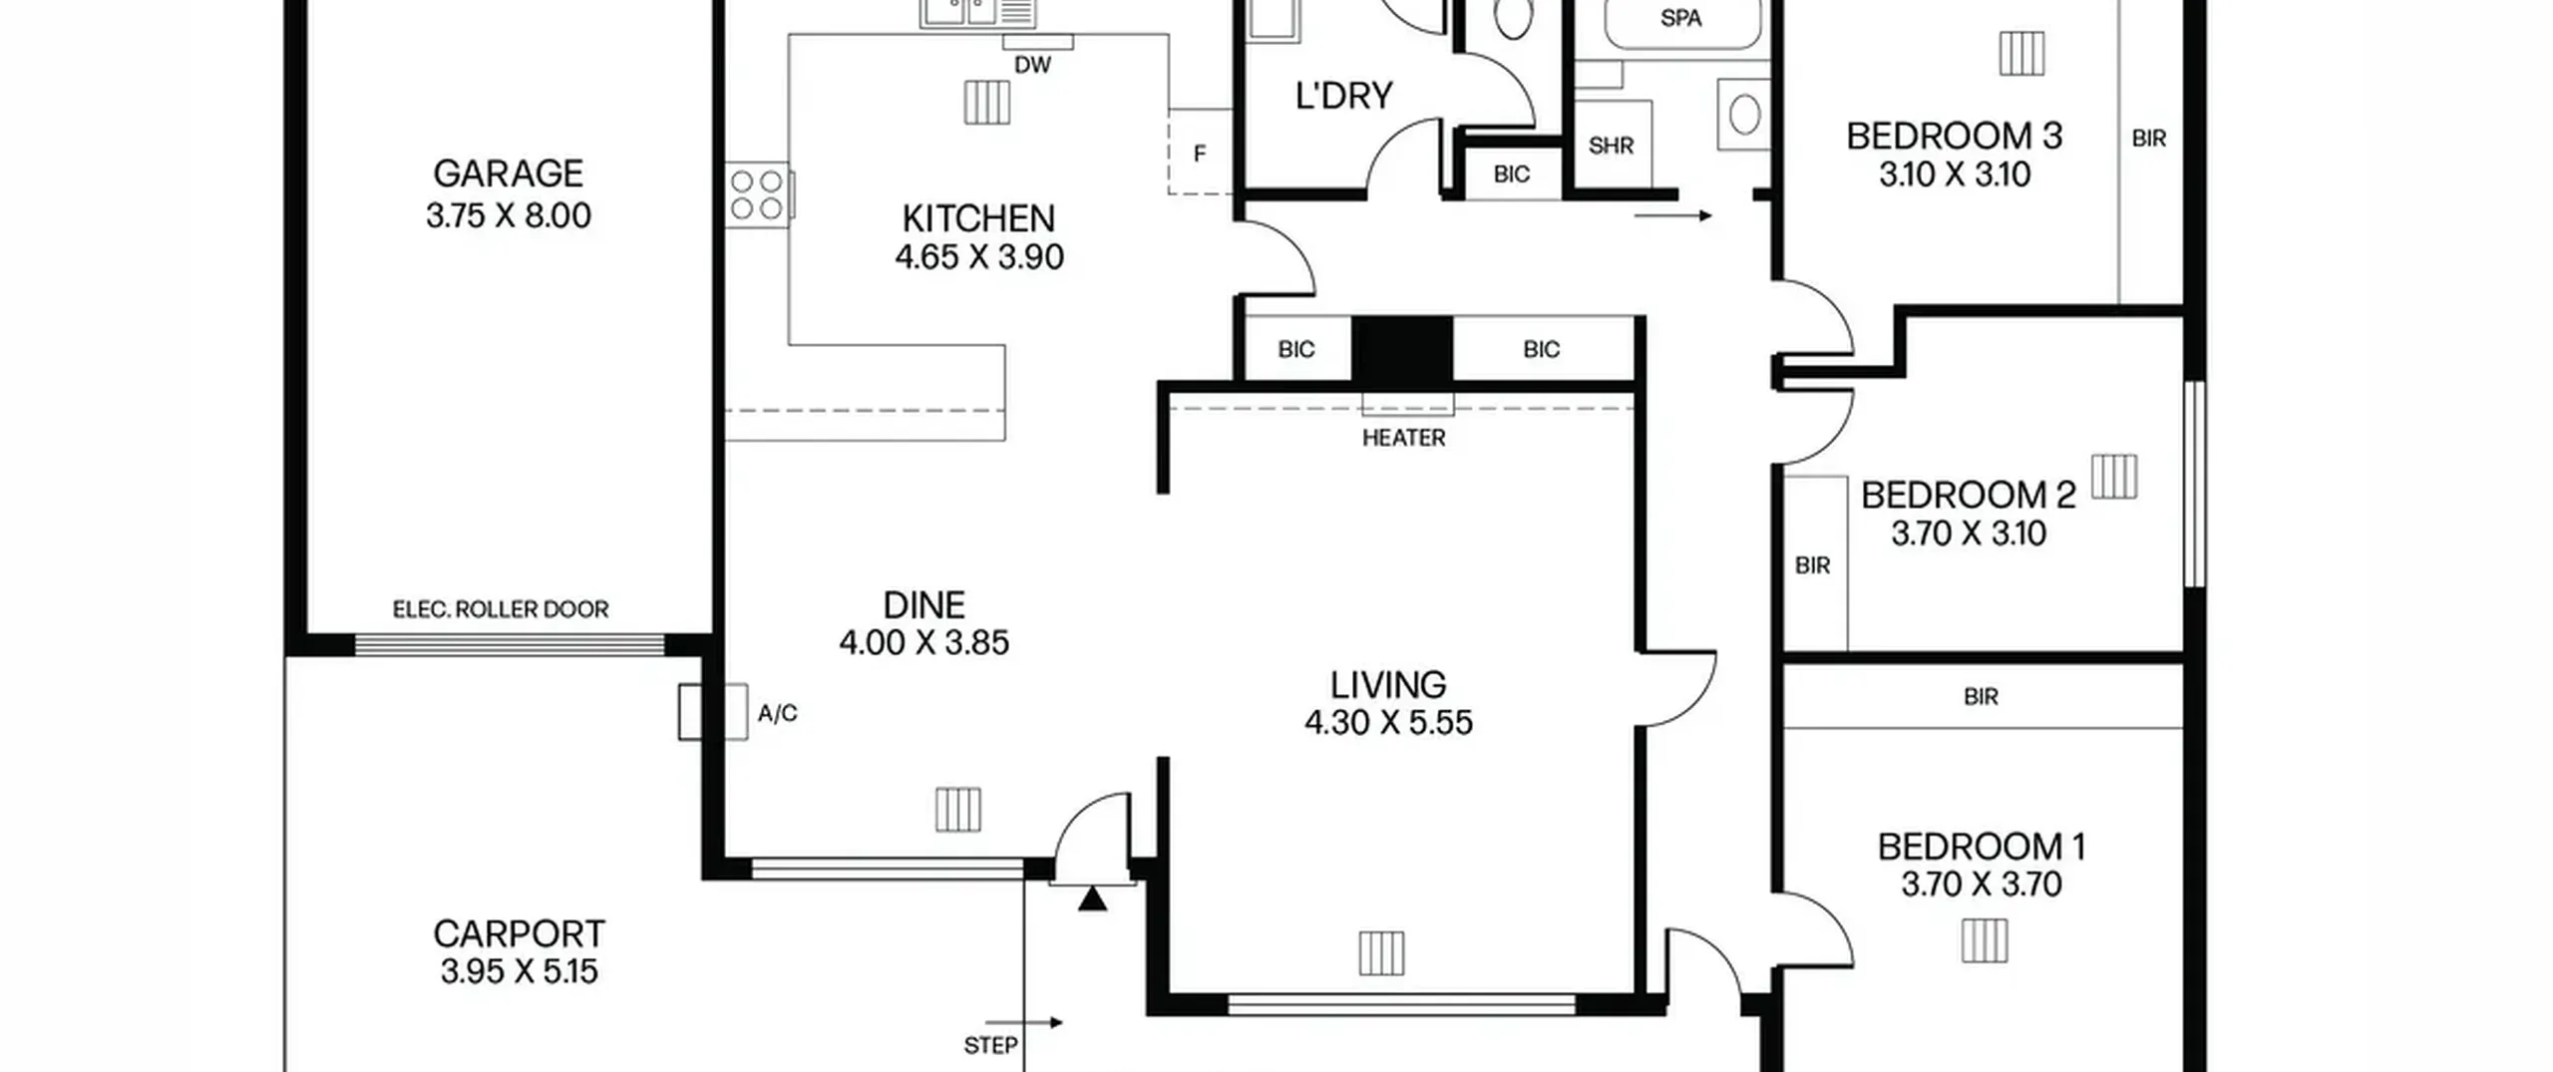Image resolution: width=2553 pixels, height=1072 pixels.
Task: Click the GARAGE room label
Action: pyautogui.click(x=508, y=174)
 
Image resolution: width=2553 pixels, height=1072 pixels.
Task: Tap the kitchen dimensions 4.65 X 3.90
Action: pyautogui.click(x=979, y=257)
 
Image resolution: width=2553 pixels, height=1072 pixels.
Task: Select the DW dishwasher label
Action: pyautogui.click(x=1032, y=65)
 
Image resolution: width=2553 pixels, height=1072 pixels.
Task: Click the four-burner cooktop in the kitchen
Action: pyautogui.click(x=758, y=194)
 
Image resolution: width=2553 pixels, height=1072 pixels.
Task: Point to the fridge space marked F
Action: pyautogui.click(x=1200, y=154)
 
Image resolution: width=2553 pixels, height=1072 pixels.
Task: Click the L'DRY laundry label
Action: pyautogui.click(x=1343, y=96)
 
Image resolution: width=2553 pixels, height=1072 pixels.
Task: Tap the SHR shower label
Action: pyautogui.click(x=1611, y=146)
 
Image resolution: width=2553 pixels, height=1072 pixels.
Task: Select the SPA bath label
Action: pyautogui.click(x=1680, y=18)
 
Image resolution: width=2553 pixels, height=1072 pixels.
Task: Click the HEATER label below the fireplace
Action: pyautogui.click(x=1403, y=438)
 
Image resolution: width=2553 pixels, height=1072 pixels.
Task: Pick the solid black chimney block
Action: pyautogui.click(x=1402, y=349)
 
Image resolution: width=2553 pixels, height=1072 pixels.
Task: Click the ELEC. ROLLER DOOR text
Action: pyautogui.click(x=501, y=609)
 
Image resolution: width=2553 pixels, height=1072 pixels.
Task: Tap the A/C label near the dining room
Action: pyautogui.click(x=778, y=713)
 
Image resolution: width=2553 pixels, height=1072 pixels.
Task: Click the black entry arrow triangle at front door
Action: pyautogui.click(x=1093, y=899)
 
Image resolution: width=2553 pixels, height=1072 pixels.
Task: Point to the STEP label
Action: pyautogui.click(x=990, y=1045)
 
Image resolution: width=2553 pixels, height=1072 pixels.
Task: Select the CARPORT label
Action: pyautogui.click(x=519, y=934)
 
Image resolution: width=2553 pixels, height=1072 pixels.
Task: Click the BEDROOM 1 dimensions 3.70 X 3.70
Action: pyautogui.click(x=1982, y=885)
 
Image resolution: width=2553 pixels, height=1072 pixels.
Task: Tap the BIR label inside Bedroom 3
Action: pyautogui.click(x=2149, y=139)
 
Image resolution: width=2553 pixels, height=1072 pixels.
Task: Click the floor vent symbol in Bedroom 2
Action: pyautogui.click(x=2114, y=477)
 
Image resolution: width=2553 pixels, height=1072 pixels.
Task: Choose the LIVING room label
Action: pyautogui.click(x=1388, y=685)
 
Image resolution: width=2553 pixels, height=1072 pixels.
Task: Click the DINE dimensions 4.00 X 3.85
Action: pyautogui.click(x=924, y=643)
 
